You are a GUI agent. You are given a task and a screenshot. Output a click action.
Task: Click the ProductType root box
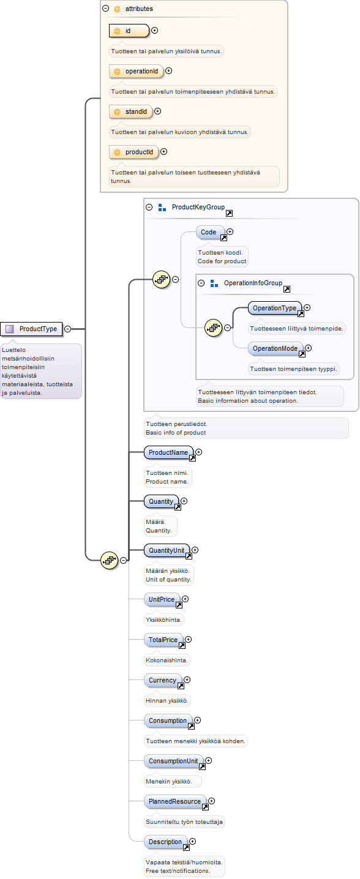tap(31, 329)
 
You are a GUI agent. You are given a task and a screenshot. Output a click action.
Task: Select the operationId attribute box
tap(137, 71)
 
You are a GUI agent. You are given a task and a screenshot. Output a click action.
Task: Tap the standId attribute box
tap(131, 111)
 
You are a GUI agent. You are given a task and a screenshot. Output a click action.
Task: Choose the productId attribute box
tap(134, 152)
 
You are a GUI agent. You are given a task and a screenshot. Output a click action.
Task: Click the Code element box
tap(211, 233)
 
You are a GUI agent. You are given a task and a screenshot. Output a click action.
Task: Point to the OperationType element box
tap(275, 308)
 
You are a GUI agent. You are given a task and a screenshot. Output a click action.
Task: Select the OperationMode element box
tap(276, 348)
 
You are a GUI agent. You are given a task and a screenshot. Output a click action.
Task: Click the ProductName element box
tap(169, 452)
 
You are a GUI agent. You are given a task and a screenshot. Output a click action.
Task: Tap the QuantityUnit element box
tap(167, 550)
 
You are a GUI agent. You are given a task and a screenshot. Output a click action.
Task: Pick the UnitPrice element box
tap(162, 600)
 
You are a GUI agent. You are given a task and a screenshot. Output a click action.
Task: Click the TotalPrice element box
tap(163, 640)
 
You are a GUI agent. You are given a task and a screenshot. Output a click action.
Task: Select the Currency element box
tap(163, 681)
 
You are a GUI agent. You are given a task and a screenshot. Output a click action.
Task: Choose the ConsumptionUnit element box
tap(174, 761)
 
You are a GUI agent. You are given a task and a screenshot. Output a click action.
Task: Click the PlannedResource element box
tap(176, 802)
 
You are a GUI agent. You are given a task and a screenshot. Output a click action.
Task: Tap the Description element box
tap(166, 842)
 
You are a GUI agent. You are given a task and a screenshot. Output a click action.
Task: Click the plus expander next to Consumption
tap(198, 720)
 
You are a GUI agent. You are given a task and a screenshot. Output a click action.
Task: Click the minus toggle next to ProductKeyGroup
tap(149, 207)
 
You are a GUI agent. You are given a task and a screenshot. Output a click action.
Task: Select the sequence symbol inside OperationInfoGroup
tap(214, 327)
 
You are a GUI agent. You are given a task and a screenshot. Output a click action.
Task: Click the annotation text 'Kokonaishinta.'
tap(167, 660)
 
